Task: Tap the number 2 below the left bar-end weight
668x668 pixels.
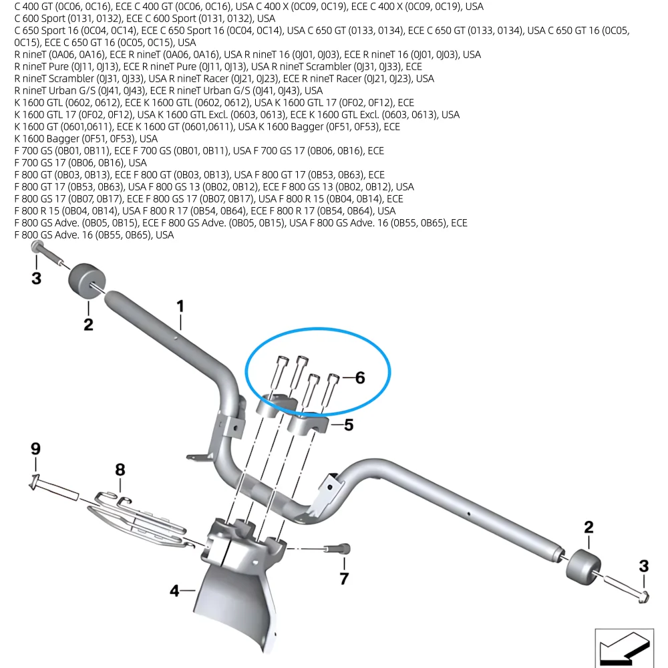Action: click(88, 325)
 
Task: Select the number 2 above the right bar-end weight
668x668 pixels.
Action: click(589, 527)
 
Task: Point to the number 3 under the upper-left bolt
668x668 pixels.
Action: click(36, 278)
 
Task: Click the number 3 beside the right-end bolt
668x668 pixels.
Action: click(644, 566)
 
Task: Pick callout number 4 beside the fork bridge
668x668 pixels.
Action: click(174, 591)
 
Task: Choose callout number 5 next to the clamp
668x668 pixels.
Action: click(349, 425)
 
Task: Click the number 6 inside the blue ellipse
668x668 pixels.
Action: click(360, 377)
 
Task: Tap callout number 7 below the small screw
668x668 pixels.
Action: click(344, 578)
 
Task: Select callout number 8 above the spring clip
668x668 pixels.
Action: click(120, 470)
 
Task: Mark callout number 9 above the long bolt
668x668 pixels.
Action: click(35, 448)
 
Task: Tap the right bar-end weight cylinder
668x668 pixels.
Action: click(583, 566)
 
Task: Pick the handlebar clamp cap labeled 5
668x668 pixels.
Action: click(309, 424)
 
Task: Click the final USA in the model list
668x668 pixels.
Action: click(164, 235)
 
